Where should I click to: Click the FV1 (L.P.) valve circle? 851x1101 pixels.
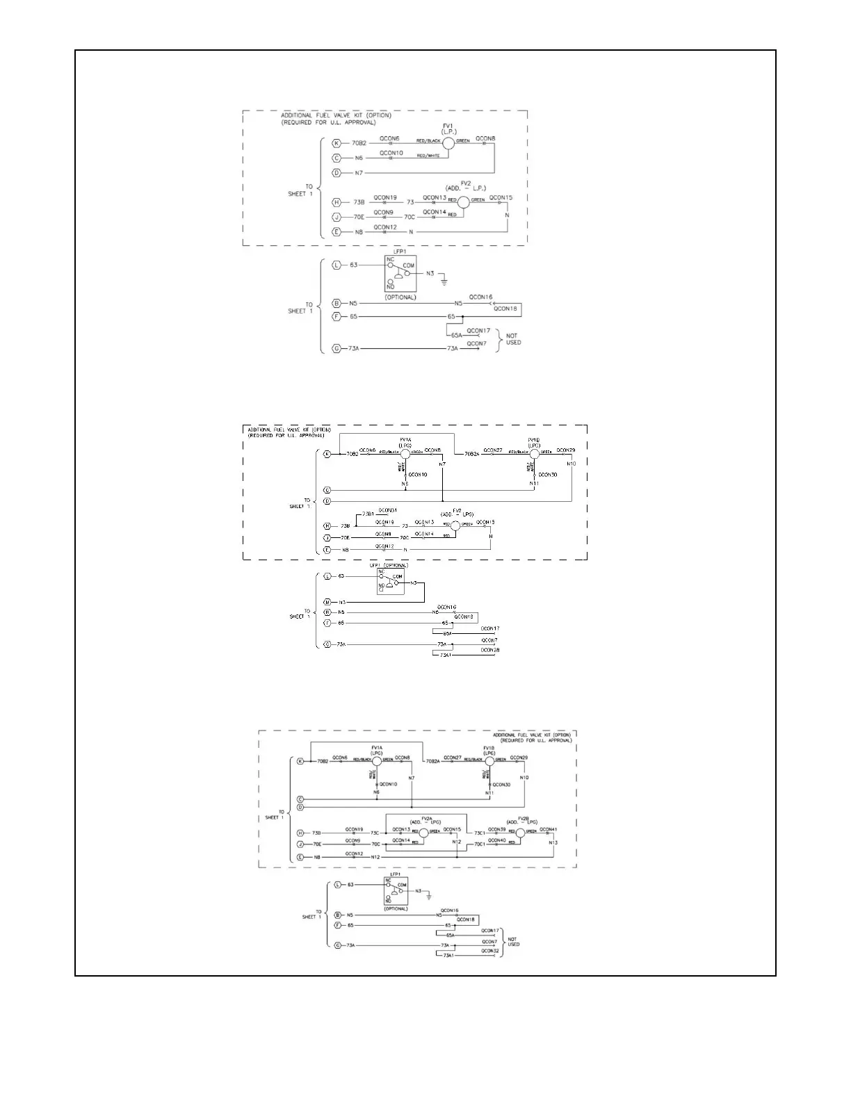coord(448,143)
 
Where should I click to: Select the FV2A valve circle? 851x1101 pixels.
coord(423,833)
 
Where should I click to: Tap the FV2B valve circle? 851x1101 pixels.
coord(519,833)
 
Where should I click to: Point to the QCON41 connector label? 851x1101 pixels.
coord(548,829)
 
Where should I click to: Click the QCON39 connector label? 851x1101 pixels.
coord(497,829)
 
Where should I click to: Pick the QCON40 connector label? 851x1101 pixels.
coord(497,840)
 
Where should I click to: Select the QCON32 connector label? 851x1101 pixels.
coord(489,951)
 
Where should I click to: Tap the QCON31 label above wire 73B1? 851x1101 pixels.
coord(388,510)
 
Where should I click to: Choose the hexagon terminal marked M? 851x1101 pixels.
coord(326,602)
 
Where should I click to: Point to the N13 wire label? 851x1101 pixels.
coord(553,842)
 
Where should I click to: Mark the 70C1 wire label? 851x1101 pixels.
coord(480,845)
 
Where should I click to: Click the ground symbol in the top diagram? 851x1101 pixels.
coord(444,282)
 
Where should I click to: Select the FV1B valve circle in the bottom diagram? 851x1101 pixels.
coord(489,761)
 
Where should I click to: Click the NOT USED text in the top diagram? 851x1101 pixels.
coord(513,339)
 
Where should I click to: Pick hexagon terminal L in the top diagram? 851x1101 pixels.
coord(337,265)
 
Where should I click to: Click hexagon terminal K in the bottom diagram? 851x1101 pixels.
coord(300,761)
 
